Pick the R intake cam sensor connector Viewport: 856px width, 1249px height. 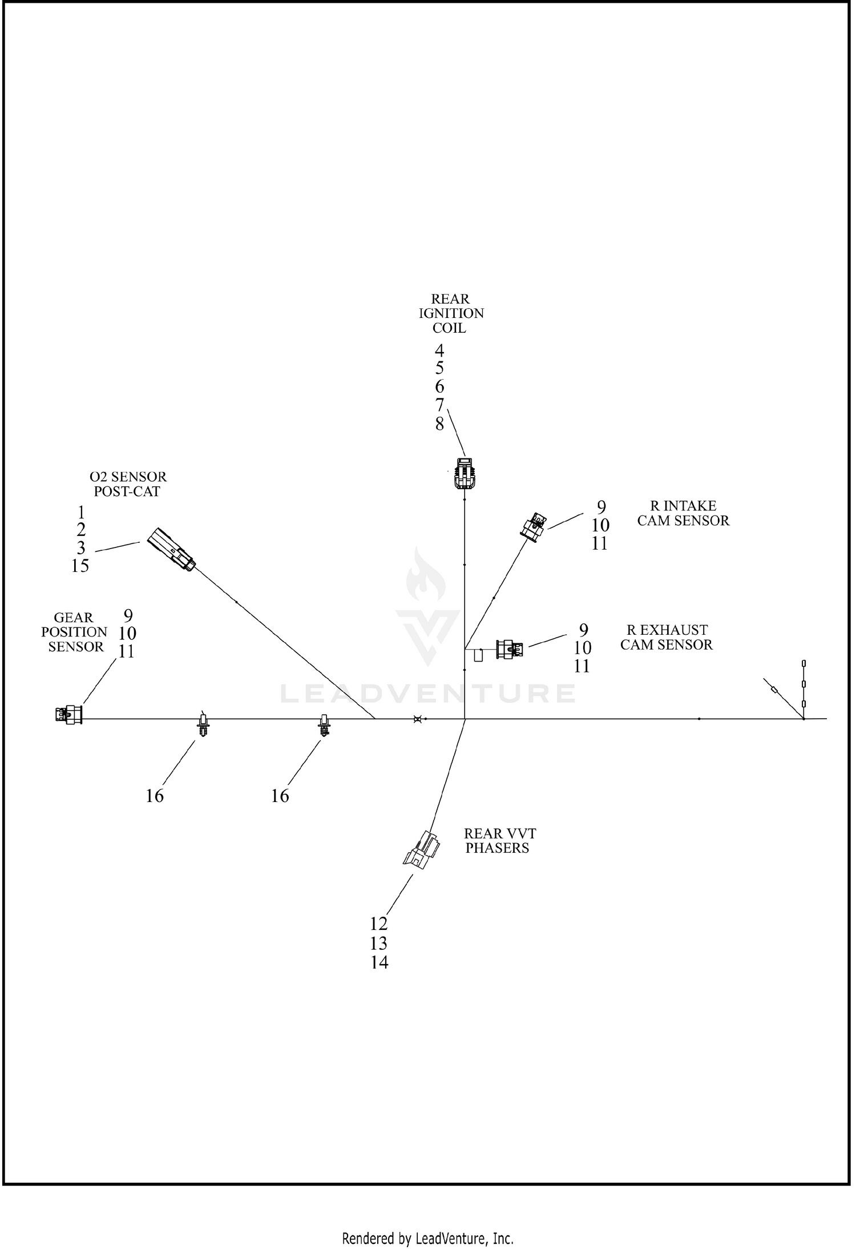pos(534,526)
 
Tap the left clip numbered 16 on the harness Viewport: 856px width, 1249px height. pos(202,724)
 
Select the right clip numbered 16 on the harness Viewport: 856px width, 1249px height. pos(324,724)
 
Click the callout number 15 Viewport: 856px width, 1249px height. pos(80,566)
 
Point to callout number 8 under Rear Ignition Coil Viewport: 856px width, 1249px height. pos(439,424)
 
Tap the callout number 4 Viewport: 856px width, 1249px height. pos(439,350)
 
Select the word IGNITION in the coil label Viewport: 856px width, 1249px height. pos(451,313)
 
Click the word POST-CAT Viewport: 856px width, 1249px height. pos(127,491)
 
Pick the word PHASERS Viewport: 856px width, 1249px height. pos(497,848)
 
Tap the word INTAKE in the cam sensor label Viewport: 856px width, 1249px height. pos(689,506)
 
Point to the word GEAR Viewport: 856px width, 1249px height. pos(74,618)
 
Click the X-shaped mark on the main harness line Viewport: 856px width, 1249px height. pos(417,719)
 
